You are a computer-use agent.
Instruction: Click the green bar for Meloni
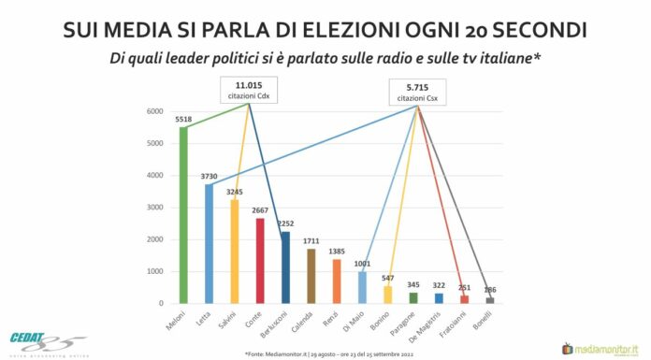tap(183, 215)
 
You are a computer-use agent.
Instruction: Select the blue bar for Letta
tap(209, 244)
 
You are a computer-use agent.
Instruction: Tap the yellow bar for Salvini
tap(234, 252)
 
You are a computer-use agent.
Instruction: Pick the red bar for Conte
tap(260, 261)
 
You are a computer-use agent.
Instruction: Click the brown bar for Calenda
tap(311, 276)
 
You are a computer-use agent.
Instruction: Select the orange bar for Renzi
tap(337, 281)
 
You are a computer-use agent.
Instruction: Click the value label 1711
tap(311, 240)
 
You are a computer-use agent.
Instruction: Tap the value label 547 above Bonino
tap(388, 278)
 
